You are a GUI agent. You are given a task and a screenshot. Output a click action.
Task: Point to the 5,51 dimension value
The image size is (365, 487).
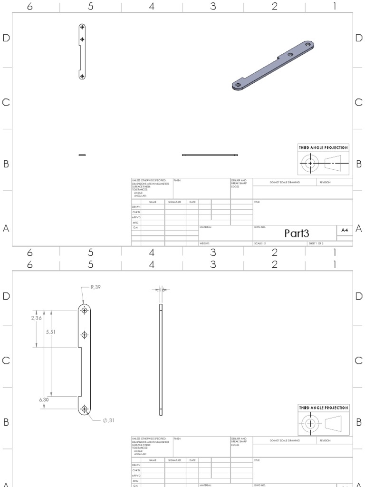[x=50, y=332]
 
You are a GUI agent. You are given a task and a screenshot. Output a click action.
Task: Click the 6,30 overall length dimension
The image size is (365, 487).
[x=44, y=400]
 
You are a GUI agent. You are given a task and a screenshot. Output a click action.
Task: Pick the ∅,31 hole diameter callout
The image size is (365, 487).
[x=108, y=420]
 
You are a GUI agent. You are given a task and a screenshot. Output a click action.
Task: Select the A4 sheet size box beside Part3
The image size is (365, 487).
[x=344, y=230]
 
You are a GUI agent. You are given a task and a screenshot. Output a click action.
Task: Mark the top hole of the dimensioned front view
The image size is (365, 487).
[x=84, y=311]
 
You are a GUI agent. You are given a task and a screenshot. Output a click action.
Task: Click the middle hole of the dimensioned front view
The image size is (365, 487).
[x=84, y=335]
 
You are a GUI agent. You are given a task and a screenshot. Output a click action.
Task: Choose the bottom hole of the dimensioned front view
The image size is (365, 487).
[x=84, y=409]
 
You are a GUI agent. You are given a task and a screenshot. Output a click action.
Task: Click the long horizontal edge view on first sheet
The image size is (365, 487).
[x=210, y=155]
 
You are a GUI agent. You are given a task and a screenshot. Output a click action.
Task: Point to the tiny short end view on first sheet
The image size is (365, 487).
[x=82, y=155]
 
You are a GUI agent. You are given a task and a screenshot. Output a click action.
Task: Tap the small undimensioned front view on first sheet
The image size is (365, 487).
[x=82, y=51]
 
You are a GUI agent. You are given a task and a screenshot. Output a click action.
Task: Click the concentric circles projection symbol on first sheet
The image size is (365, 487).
[x=311, y=163]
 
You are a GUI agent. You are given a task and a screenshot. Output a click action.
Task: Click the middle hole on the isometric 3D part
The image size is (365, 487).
[x=290, y=55]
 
